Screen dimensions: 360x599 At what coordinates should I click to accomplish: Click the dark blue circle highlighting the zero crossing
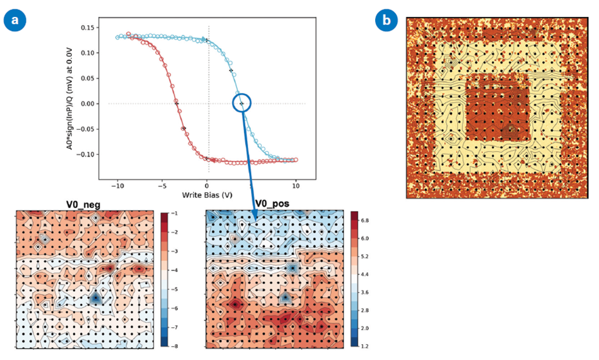point(241,103)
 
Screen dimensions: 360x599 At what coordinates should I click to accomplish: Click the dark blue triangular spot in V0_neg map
point(95,296)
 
